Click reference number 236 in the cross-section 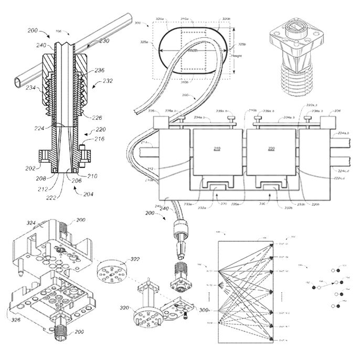(x=100, y=70)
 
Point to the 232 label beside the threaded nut (x=108, y=81)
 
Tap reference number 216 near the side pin (x=99, y=139)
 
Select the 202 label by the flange (x=29, y=168)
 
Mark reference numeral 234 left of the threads (x=31, y=88)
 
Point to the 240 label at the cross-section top (x=41, y=45)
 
